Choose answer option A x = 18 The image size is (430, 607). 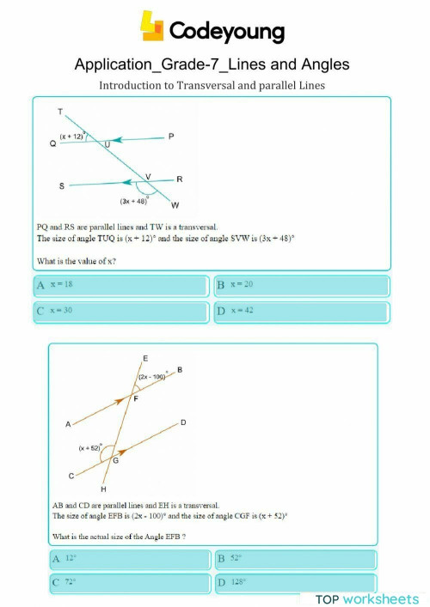pyautogui.click(x=120, y=285)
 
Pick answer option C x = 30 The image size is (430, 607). pyautogui.click(x=120, y=311)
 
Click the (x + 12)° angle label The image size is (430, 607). pyautogui.click(x=72, y=136)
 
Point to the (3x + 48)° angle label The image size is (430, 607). pyautogui.click(x=135, y=200)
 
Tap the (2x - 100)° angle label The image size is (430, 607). pyautogui.click(x=152, y=377)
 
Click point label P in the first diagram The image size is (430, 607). pyautogui.click(x=171, y=137)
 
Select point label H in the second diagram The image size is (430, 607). pyautogui.click(x=103, y=489)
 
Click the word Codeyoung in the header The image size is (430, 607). pyautogui.click(x=227, y=32)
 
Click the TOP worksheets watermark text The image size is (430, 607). pyautogui.click(x=367, y=598)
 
